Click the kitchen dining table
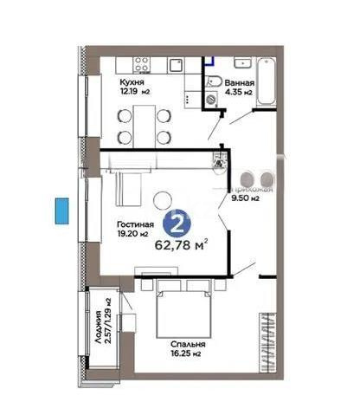coord(144,125)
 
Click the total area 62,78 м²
coord(181,244)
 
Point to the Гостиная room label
coord(134,223)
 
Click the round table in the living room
coord(162,201)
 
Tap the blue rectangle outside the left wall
coord(61,211)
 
